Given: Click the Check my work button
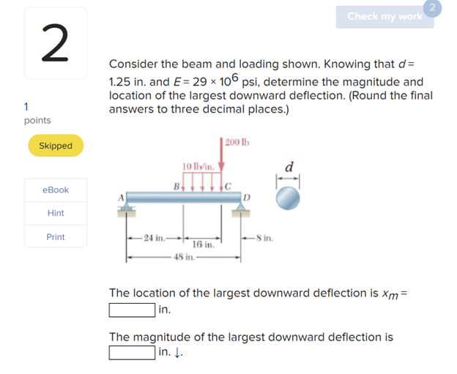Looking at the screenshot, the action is point(384,17).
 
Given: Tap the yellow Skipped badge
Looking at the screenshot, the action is point(56,146).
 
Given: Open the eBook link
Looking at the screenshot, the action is point(56,190).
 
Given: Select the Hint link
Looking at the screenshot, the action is point(56,213).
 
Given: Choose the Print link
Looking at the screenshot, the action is point(56,237).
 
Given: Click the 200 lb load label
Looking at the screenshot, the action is point(237,142).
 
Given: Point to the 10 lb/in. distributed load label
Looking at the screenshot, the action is point(198,166).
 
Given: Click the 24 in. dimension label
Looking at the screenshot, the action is point(155,238).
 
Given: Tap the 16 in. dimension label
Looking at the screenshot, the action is point(203,244).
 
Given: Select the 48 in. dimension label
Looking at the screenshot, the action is point(184,257).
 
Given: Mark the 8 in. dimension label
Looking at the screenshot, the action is point(264,238).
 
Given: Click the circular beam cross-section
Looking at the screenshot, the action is point(288,198).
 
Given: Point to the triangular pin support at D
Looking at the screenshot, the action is point(240,206).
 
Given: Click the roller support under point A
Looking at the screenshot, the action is point(126,207).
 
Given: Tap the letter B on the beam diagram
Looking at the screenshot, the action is point(177,187).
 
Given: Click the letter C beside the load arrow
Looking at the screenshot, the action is point(228,187).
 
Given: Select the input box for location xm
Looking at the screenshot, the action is point(132,310).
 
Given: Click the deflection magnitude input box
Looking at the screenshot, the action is point(132,353).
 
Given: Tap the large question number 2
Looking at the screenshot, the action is point(56,43).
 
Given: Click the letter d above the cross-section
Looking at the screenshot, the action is point(289,167).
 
